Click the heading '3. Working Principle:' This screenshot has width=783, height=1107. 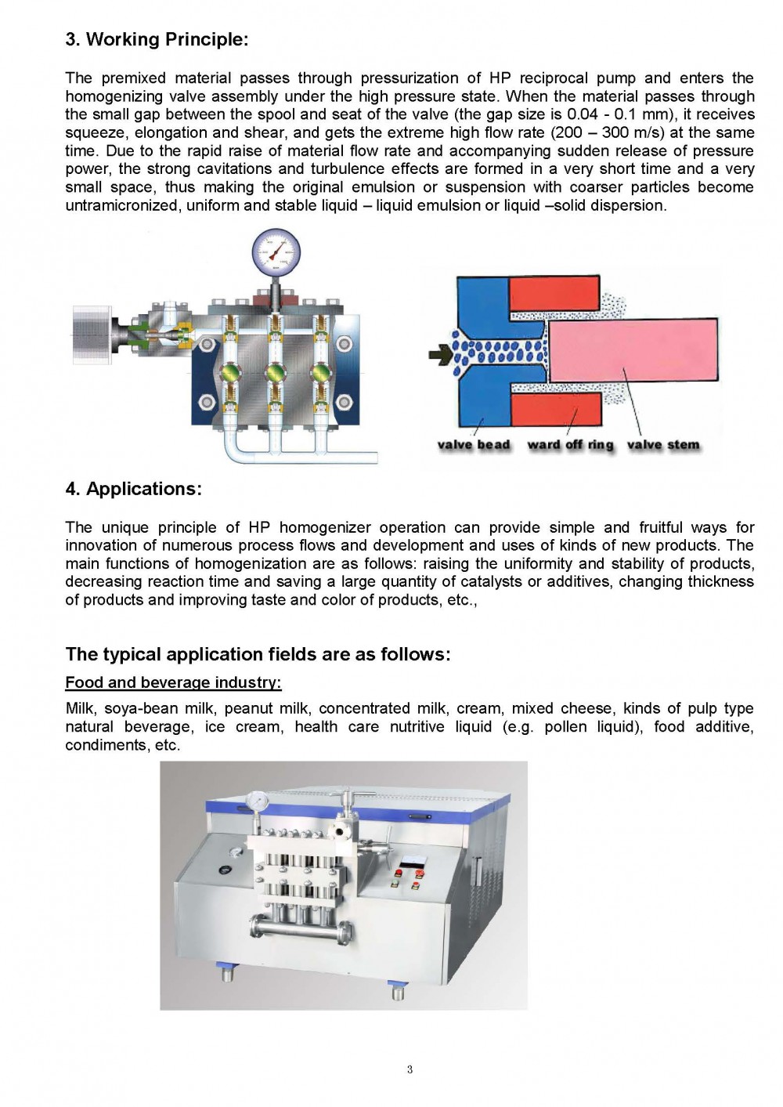[x=157, y=39]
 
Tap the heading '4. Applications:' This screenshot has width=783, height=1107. [x=133, y=489]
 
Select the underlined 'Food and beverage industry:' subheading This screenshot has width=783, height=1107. [x=173, y=682]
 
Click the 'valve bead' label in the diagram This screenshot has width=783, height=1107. [x=473, y=445]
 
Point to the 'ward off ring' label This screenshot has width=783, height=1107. [x=570, y=445]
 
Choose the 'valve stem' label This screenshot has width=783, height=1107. [x=663, y=445]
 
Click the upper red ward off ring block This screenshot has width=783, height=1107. [x=555, y=295]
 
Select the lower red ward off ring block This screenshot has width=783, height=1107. [x=555, y=410]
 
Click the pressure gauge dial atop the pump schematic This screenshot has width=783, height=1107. [x=276, y=251]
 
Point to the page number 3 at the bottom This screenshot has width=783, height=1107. [x=410, y=1070]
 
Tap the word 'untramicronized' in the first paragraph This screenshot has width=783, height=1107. [x=117, y=205]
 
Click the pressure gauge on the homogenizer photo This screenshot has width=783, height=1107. [x=256, y=801]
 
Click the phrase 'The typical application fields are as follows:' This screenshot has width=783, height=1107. [x=258, y=654]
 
